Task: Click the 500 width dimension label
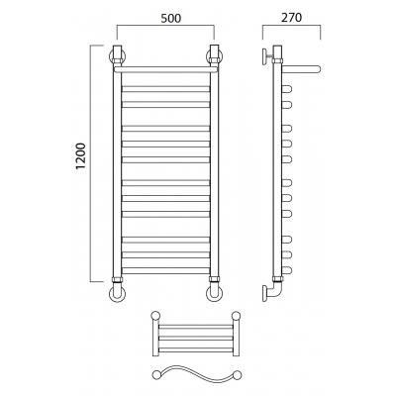coord(171,18)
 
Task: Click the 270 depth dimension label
coord(291,18)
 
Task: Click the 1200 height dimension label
coord(80,156)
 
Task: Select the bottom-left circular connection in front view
coord(117,294)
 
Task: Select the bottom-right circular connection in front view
coord(215,294)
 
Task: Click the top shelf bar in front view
coord(165,69)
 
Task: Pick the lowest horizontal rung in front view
coord(165,270)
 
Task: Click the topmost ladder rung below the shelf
coord(165,89)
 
